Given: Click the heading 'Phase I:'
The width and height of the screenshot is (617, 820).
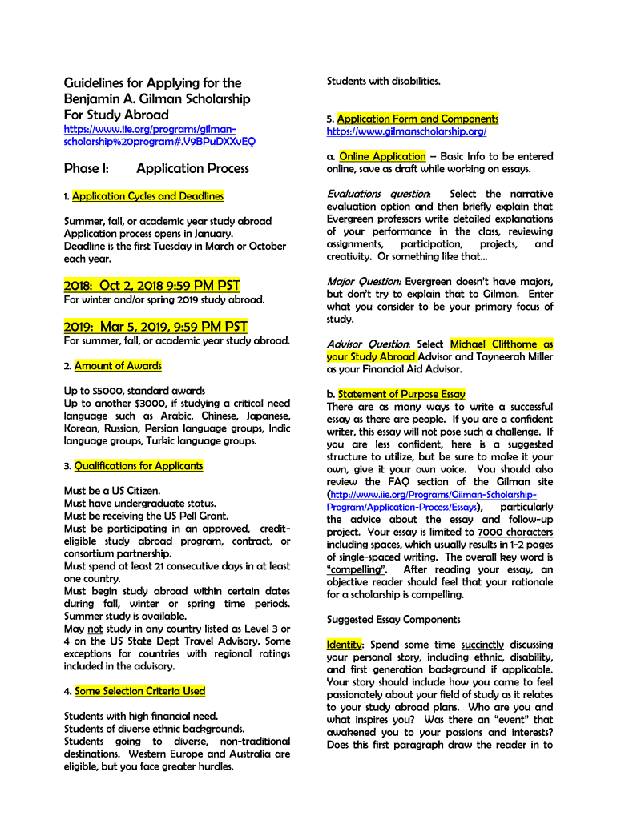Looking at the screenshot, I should tap(86, 168).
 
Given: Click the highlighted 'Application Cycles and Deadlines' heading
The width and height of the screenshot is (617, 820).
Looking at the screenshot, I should tap(147, 196).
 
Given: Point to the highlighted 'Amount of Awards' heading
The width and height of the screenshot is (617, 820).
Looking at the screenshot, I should tap(118, 366).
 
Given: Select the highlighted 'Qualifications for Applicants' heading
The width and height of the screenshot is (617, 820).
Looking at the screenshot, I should tap(139, 466).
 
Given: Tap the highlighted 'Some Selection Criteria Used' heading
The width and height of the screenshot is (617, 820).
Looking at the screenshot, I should tap(139, 691).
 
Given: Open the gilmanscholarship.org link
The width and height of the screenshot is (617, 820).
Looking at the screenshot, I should tap(406, 131).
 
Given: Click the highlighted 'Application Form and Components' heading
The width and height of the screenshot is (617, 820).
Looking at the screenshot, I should tap(417, 119).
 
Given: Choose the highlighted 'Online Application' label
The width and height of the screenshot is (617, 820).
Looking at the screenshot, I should tap(382, 156).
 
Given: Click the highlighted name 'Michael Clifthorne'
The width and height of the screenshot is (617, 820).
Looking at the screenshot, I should tap(502, 344).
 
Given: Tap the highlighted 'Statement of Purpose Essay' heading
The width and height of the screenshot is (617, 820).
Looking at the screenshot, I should tap(401, 394).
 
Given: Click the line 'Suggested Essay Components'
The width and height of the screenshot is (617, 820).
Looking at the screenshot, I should tap(393, 620).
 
